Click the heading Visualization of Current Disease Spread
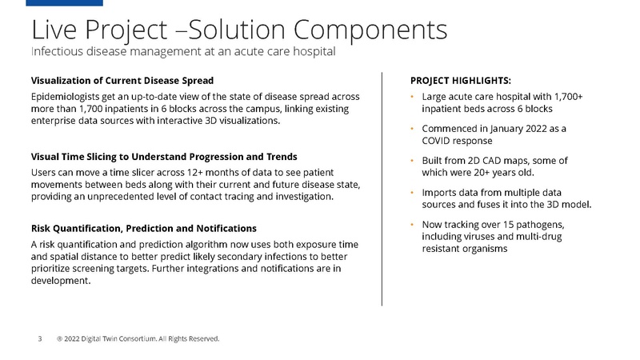122,81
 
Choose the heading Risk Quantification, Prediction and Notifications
143,229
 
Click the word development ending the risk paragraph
61,282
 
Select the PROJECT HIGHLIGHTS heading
461,81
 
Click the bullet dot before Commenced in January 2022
412,128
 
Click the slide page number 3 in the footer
41,338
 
